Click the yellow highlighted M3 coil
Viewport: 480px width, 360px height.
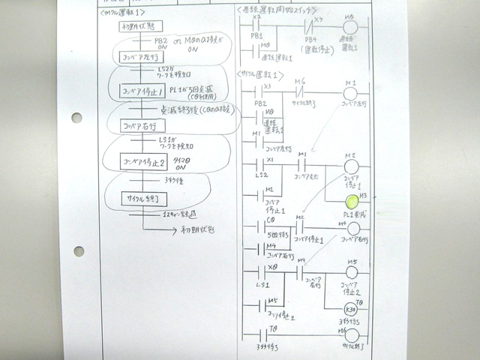[349, 200]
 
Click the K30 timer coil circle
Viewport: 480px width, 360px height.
[349, 309]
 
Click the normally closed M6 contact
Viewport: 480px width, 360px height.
[300, 92]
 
